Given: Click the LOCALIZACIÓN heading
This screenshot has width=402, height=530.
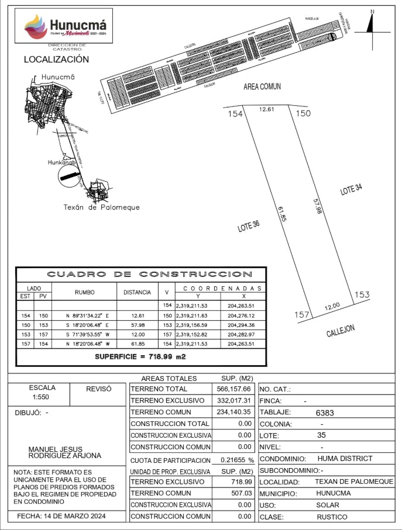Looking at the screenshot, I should coord(56,60).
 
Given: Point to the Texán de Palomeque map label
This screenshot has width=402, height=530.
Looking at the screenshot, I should coord(101,207).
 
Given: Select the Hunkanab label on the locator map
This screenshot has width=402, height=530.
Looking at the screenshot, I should coord(62,163).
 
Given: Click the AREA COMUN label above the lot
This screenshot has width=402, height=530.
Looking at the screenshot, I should coord(262,86).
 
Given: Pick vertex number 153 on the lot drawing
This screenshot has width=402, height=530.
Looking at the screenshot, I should coord(362,295).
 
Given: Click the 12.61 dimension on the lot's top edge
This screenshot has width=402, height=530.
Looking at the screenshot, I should coord(267,109).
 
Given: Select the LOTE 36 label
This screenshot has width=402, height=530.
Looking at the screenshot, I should coord(248,226).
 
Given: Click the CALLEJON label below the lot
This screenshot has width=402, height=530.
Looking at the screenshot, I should coord(341,331).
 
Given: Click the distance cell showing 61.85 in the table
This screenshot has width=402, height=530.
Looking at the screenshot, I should coord(138,344).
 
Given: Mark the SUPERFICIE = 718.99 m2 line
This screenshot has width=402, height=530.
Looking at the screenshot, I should coord(140,356).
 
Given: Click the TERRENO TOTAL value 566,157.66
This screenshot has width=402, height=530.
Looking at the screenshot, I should coord(234,389).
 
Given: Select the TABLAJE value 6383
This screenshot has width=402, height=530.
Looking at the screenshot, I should coord(325,413).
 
